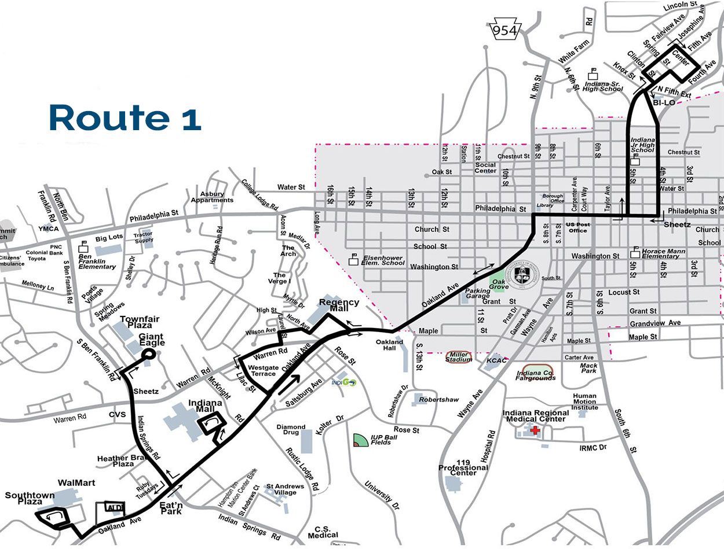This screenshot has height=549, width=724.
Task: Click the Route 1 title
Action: [x=125, y=117]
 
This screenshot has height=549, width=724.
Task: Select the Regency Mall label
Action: [x=339, y=306]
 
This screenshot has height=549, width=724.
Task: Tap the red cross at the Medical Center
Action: [x=535, y=431]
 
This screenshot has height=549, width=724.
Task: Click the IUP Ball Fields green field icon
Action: [x=360, y=440]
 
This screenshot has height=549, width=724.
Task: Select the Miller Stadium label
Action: [x=459, y=357]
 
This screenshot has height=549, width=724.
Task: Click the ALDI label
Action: [x=114, y=507]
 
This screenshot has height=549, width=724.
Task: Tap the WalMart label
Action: [x=76, y=482]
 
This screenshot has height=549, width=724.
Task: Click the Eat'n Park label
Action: [x=171, y=508]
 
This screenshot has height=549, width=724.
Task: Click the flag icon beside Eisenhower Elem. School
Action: [x=353, y=260]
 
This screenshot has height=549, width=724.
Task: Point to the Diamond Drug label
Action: [x=291, y=431]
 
